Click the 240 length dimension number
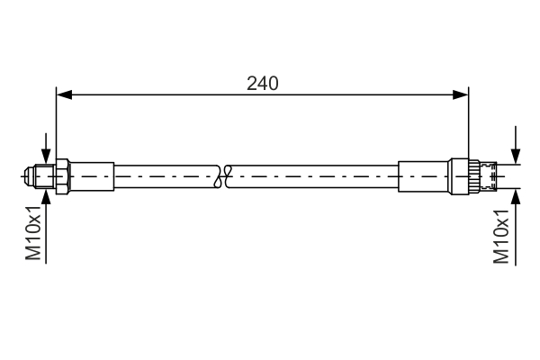[x=263, y=84]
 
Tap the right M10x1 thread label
[x=501, y=236]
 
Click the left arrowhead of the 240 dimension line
[x=64, y=94]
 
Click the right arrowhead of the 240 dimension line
[x=461, y=94]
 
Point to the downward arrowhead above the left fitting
[x=46, y=156]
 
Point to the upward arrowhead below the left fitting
[x=46, y=197]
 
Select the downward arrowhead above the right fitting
[x=516, y=156]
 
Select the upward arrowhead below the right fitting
[x=516, y=197]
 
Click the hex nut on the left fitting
[x=63, y=176]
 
